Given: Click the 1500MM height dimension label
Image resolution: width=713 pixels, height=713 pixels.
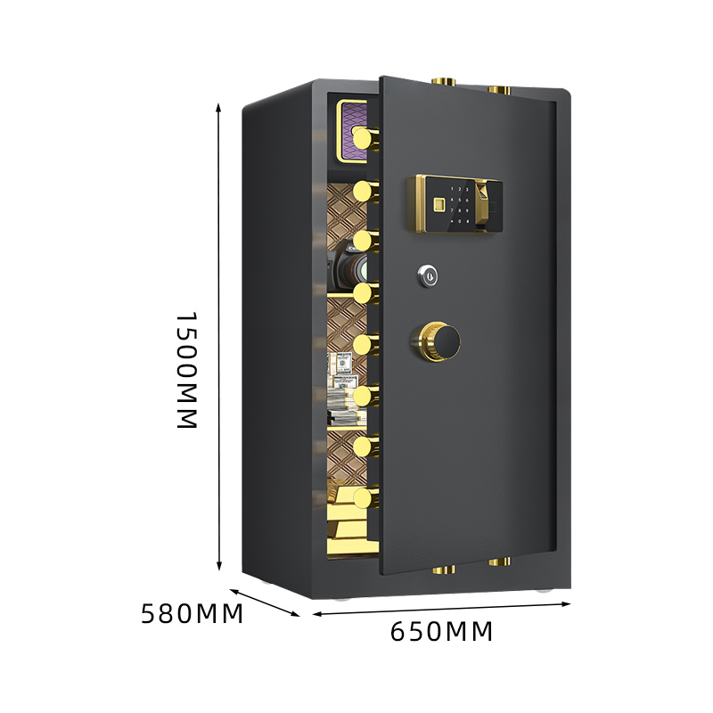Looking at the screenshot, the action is tap(186, 370).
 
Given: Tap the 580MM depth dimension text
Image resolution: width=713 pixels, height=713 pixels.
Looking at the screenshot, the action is tap(192, 614).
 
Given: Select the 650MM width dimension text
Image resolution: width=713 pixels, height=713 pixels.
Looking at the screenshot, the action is tap(441, 631).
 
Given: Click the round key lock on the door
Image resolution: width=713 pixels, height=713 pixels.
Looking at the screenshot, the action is tap(427, 275).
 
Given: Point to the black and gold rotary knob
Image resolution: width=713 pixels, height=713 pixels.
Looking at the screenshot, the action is tap(436, 341).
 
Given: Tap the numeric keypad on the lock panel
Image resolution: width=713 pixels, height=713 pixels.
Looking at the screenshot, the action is tap(459, 205).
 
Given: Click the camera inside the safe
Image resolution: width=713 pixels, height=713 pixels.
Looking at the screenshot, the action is tap(349, 268).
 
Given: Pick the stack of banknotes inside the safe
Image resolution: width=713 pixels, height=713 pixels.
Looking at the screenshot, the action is tap(347, 389).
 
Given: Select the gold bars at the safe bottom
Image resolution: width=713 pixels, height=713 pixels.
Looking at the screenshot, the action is tap(352, 522).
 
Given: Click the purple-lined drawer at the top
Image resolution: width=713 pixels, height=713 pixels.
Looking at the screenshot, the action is tap(352, 132).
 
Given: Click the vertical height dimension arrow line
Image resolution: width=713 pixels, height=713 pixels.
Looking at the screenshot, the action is tap(218, 337).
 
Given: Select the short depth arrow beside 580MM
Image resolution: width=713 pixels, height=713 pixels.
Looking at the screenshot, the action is tap(265, 603).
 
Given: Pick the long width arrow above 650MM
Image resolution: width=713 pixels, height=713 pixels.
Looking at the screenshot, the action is tap(441, 609).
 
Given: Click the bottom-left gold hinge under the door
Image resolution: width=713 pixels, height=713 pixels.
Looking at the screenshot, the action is tap(444, 570).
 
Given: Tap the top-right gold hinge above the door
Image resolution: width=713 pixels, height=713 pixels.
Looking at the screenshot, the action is tap(499, 90).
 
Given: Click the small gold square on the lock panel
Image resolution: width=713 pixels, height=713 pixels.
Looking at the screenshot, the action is tap(438, 205).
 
